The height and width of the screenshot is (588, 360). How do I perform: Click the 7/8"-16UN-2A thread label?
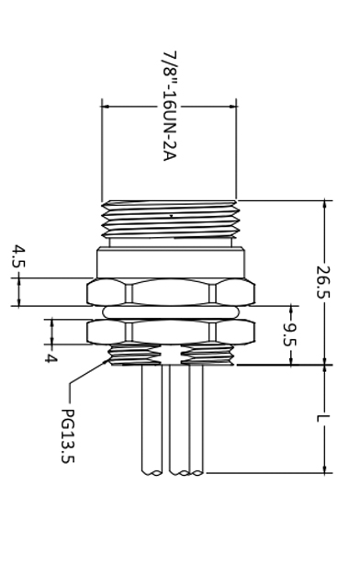pos(169,107)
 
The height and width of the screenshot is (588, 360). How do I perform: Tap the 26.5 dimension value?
pos(323,282)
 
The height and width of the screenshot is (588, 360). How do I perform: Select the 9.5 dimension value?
pos(290,334)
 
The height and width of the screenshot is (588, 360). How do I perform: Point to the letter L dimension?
pos(319,418)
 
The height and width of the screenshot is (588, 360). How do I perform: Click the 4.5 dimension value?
pos(18,256)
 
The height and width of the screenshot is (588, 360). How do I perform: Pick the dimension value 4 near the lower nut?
pos(51,358)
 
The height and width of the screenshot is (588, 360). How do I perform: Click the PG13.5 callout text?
pos(68,435)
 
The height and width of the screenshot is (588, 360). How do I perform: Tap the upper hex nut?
pos(171,292)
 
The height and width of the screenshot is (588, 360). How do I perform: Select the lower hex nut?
pos(171,332)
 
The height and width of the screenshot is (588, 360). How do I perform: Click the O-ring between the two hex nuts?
pos(171,312)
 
